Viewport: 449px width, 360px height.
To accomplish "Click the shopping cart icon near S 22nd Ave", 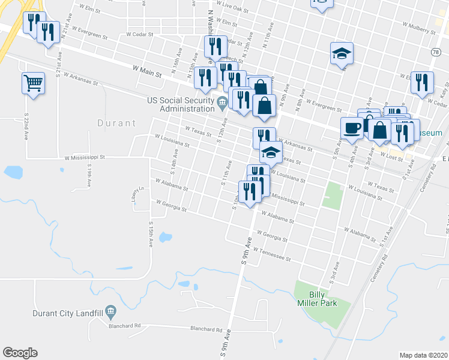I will pyautogui.click(x=33, y=83).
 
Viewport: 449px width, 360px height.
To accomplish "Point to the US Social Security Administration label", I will pyautogui.click(x=181, y=104).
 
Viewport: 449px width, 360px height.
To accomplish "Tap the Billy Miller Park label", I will pyautogui.click(x=322, y=298).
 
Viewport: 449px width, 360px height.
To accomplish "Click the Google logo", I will pyautogui.click(x=20, y=353).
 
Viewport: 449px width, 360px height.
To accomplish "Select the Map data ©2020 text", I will pyautogui.click(x=423, y=355).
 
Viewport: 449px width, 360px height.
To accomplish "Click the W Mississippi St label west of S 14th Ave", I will pyautogui.click(x=85, y=157).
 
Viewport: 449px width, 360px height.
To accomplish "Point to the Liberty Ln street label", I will pyautogui.click(x=135, y=196).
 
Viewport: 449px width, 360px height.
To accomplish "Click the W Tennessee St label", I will pyautogui.click(x=272, y=254).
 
